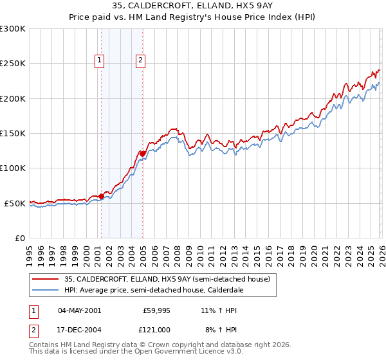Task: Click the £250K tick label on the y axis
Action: point(12,64)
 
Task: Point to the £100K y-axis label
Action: point(12,168)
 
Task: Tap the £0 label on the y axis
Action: point(19,238)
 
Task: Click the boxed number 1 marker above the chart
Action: point(100,61)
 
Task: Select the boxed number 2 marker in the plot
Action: point(140,61)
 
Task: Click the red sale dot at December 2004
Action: point(143,154)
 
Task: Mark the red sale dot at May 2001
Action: point(102,196)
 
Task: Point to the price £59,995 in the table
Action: point(155,310)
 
